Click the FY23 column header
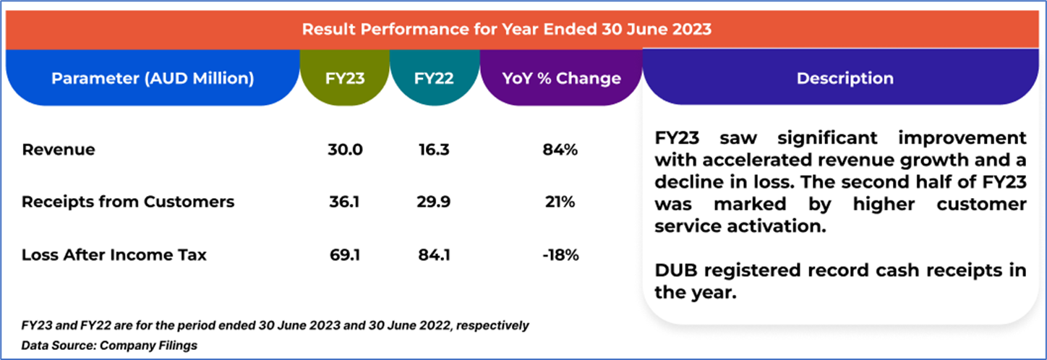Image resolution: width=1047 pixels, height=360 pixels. pyautogui.click(x=345, y=79)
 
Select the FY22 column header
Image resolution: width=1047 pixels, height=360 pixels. pyautogui.click(x=434, y=79)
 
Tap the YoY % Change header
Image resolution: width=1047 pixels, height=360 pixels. pyautogui.click(x=561, y=79)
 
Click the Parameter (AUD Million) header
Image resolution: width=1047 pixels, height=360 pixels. pyautogui.click(x=153, y=79)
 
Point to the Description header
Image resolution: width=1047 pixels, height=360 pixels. pyautogui.click(x=845, y=79)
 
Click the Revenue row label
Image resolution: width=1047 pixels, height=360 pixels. pyautogui.click(x=59, y=150)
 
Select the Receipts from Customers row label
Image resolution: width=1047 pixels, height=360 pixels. pyautogui.click(x=128, y=202)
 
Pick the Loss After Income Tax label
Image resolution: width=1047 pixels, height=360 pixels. pyautogui.click(x=114, y=254)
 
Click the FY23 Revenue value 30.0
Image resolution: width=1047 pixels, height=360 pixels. pyautogui.click(x=345, y=150)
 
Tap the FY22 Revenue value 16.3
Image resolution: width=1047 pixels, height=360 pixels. pyautogui.click(x=434, y=150)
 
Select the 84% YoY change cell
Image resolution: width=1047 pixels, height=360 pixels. pyautogui.click(x=561, y=150)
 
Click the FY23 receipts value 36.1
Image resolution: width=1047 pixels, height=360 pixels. pyautogui.click(x=345, y=202)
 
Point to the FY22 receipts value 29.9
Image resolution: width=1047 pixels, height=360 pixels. pyautogui.click(x=434, y=202)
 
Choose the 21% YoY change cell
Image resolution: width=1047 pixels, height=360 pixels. pyautogui.click(x=561, y=202)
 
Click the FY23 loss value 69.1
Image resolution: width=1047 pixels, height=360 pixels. pyautogui.click(x=345, y=254)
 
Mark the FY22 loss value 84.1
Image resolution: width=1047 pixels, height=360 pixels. pyautogui.click(x=434, y=254)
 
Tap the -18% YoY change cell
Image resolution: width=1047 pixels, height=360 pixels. pyautogui.click(x=561, y=254)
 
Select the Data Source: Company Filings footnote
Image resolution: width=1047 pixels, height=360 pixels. pyautogui.click(x=109, y=346)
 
